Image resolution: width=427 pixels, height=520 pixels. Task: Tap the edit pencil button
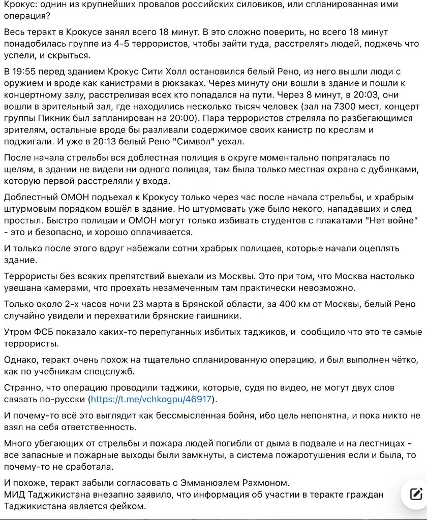click(415, 493)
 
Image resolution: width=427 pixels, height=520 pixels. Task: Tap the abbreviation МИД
click(14, 494)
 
